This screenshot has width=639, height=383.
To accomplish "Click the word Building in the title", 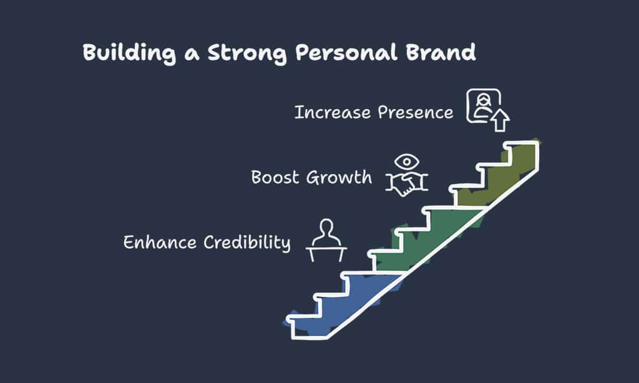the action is (130, 54).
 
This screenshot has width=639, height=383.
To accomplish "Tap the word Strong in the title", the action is (247, 54).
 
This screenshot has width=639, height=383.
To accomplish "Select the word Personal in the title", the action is (346, 52).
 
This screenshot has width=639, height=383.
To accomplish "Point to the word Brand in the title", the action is (441, 52).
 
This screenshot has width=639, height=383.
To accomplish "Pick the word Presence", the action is (415, 112).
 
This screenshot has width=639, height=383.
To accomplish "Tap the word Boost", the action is (275, 177).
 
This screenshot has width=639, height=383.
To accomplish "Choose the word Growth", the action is (339, 178).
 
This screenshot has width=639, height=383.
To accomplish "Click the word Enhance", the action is (160, 242).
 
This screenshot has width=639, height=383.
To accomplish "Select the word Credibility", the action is (247, 243).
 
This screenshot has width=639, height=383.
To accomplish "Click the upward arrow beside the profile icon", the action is (500, 120).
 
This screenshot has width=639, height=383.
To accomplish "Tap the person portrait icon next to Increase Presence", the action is (484, 106).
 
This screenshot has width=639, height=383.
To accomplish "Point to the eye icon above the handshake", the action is (407, 162).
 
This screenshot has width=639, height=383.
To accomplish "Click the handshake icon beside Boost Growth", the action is (407, 184).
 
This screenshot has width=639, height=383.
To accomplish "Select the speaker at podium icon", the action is (326, 240).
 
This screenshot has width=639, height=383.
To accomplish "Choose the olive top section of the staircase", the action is (501, 175).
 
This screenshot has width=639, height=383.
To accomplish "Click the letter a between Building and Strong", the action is (192, 55).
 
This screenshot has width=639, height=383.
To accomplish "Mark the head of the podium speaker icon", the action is (326, 227).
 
